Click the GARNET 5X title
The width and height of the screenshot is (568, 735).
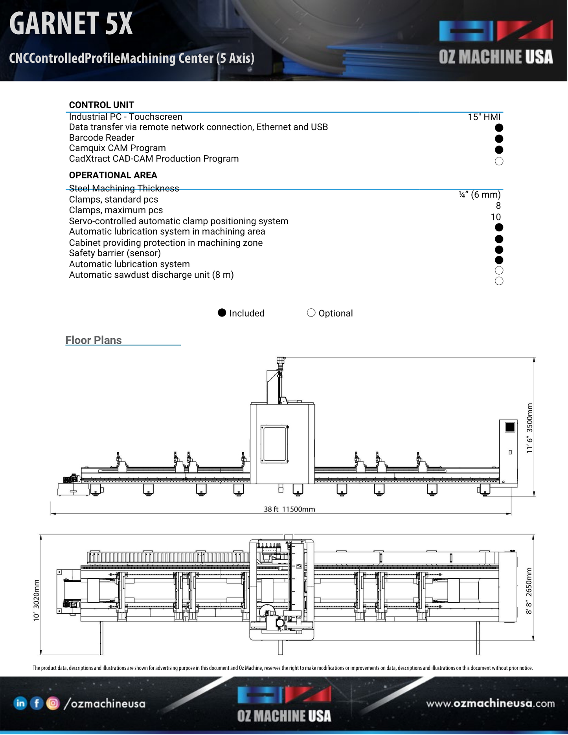pyautogui.click(x=71, y=24)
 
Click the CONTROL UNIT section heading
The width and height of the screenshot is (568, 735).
pyautogui.click(x=101, y=105)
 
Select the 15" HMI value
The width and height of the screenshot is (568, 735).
pyautogui.click(x=484, y=117)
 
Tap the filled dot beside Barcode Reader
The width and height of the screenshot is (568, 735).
pyautogui.click(x=499, y=139)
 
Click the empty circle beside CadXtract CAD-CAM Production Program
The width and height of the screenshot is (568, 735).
pyautogui.click(x=499, y=161)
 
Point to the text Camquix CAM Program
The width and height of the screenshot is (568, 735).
pyautogui.click(x=117, y=148)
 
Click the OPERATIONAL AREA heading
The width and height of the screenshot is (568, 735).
pyautogui.click(x=113, y=175)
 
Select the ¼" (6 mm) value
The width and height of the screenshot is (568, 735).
pyautogui.click(x=479, y=194)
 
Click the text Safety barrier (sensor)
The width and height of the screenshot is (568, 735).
pyautogui.click(x=115, y=253)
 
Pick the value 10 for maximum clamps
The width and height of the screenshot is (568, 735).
pyautogui.click(x=495, y=217)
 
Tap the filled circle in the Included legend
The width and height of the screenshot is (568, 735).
pyautogui.click(x=222, y=313)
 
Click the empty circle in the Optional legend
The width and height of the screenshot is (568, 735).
pyautogui.click(x=311, y=313)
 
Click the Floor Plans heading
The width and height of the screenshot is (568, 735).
pyautogui.click(x=94, y=340)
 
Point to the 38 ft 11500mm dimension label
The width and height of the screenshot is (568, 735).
pyautogui.click(x=289, y=509)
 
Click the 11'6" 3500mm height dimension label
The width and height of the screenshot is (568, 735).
pyautogui.click(x=529, y=428)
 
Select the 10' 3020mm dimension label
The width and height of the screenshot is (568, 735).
pyautogui.click(x=37, y=600)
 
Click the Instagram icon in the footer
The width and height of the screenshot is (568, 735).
pyautogui.click(x=53, y=703)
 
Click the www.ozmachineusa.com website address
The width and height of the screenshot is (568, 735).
pyautogui.click(x=491, y=703)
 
